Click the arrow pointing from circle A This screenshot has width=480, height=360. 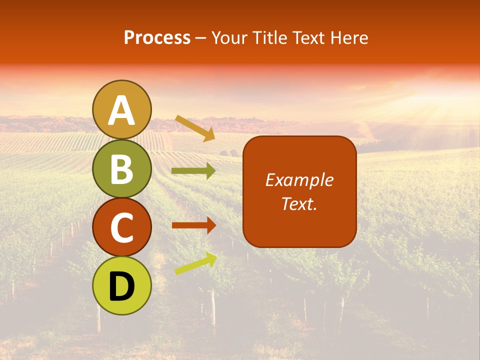(195, 128)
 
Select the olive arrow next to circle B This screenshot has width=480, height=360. (193, 171)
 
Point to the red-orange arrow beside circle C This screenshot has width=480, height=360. (193, 225)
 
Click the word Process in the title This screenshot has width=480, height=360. (157, 37)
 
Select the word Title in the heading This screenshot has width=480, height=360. (267, 37)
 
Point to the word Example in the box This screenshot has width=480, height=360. (299, 180)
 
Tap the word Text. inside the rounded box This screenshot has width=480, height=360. (299, 203)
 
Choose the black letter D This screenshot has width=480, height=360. (122, 286)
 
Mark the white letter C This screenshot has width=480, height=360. (122, 228)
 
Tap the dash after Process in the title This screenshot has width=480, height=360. (200, 38)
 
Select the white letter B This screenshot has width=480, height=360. (122, 169)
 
